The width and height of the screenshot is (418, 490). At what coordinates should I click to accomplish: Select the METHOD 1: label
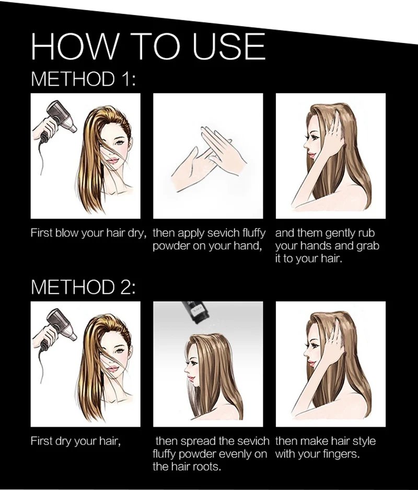(x=84, y=79)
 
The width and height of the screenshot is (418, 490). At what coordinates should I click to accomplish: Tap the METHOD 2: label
(x=84, y=287)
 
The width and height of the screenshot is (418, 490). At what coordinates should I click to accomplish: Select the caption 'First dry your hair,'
(x=75, y=441)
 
